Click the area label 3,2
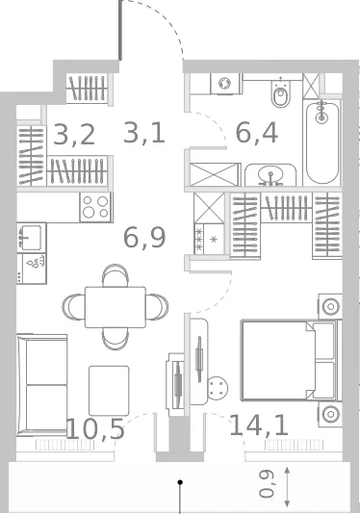[x=74, y=135]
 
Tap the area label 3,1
[x=143, y=133]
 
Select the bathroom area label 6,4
[x=257, y=133]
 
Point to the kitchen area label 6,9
[x=144, y=238]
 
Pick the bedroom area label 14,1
[x=259, y=425]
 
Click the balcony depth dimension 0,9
[x=267, y=484]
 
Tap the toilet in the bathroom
[x=280, y=93]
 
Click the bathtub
[x=322, y=142]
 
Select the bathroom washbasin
[x=270, y=175]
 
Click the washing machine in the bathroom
[x=226, y=84]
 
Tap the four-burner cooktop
[x=95, y=207]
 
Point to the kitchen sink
[x=31, y=237]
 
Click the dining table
[x=116, y=307]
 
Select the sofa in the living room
[x=42, y=385]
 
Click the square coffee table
[x=109, y=391]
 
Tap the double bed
[x=291, y=360]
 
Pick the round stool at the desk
[x=218, y=387]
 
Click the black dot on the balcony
[x=180, y=482]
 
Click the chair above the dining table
[x=116, y=275]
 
